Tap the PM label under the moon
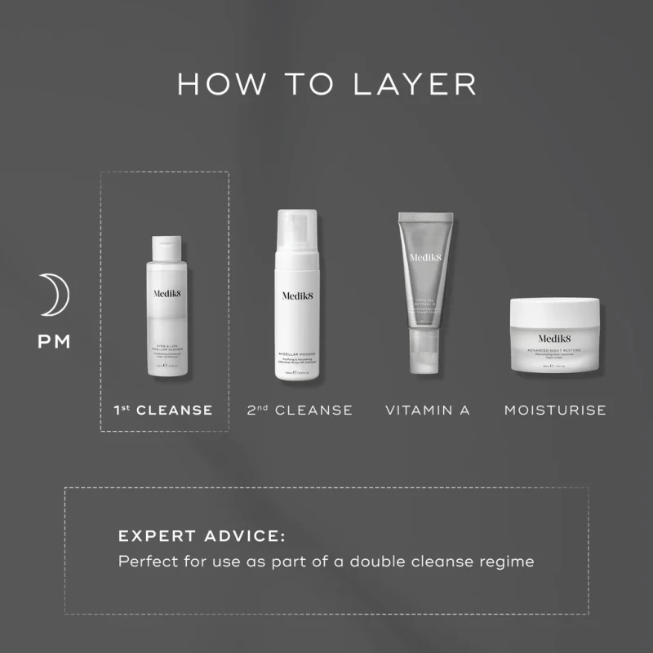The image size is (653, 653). [x=55, y=341]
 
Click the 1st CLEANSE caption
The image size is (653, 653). [x=164, y=410]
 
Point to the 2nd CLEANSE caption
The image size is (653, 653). [x=300, y=410]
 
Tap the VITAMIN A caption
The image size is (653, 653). [x=428, y=410]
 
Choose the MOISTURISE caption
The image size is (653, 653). [x=555, y=410]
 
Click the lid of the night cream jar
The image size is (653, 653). [x=555, y=311]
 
